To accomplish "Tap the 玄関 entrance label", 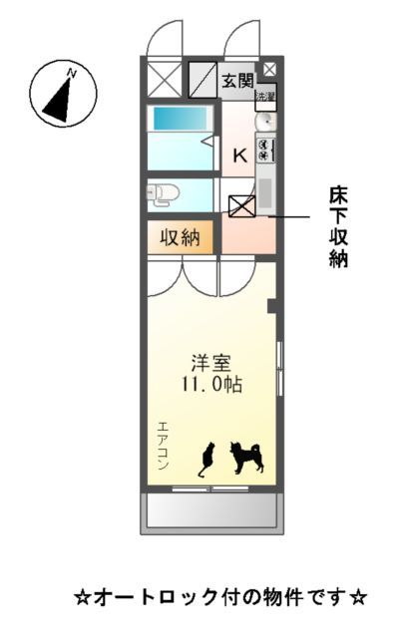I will [x=236, y=81].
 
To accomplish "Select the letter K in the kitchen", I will [x=240, y=155].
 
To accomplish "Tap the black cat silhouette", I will [x=206, y=460].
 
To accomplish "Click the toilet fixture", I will [x=162, y=193].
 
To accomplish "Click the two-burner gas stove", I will [x=265, y=150].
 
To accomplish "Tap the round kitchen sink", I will [x=265, y=122].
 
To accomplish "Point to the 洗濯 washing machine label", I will [x=264, y=97].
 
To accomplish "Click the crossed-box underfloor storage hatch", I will [x=241, y=206].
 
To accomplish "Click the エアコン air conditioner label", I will [x=163, y=445].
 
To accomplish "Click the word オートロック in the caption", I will [x=159, y=598].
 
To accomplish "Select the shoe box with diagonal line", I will [x=203, y=79].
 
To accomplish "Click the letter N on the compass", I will [x=71, y=73].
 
